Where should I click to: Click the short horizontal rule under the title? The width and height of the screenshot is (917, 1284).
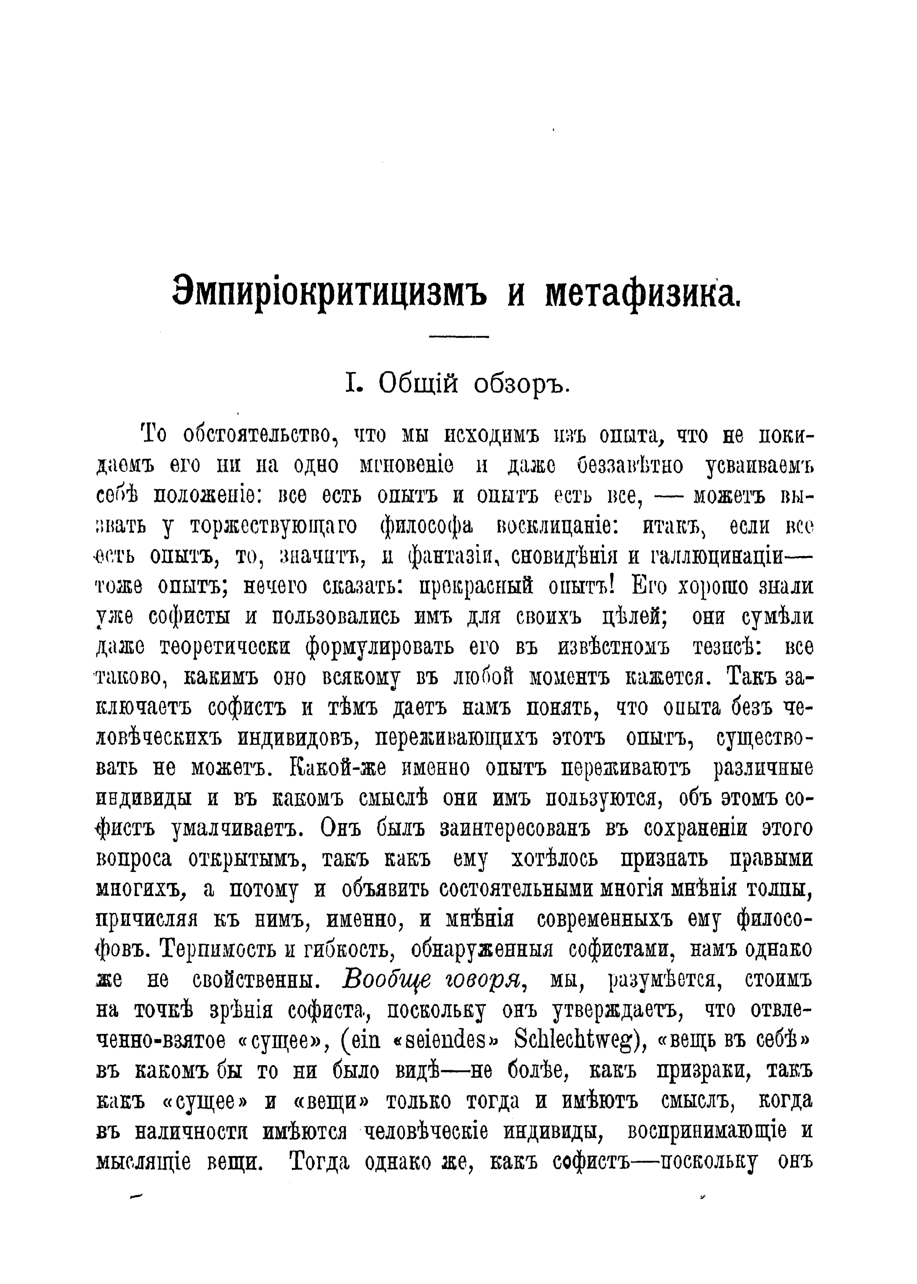(458, 337)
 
